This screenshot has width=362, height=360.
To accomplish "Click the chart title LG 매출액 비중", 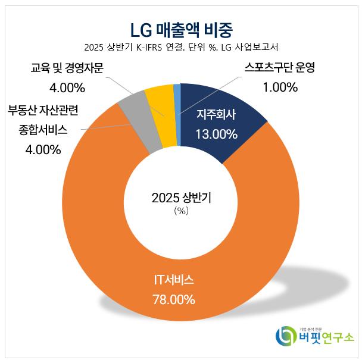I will point(181,28).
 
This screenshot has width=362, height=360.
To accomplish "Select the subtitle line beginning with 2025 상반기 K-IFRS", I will point(181,47).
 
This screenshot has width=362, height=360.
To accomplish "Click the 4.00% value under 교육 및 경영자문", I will point(67,88).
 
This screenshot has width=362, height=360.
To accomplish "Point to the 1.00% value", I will point(279,88).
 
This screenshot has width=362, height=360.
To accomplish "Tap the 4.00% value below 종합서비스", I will point(43,149).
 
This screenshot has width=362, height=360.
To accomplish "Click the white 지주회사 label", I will point(217,114).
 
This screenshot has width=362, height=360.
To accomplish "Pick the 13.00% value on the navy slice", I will point(217,134).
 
